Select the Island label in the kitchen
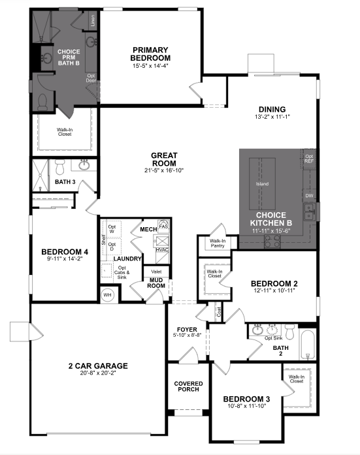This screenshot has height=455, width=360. pyautogui.click(x=262, y=184)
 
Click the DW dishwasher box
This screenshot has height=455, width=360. pyautogui.click(x=308, y=195)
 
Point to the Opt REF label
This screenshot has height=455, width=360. pyautogui.click(x=309, y=159)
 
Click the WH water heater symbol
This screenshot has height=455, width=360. pyautogui.click(x=108, y=295)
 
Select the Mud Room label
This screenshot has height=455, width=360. pyautogui.click(x=156, y=283)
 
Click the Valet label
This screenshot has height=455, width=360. pyautogui.click(x=156, y=271)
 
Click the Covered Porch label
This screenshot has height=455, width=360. pyautogui.click(x=188, y=387)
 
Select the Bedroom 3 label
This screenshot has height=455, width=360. pyautogui.click(x=246, y=400)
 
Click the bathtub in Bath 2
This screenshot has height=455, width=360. pyautogui.click(x=308, y=344)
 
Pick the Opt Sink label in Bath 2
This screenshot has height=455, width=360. pyautogui.click(x=273, y=339)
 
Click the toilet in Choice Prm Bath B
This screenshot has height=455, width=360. pyautogui.click(x=43, y=101)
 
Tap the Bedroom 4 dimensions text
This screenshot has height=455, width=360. pyautogui.click(x=64, y=259)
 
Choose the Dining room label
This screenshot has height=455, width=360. pyautogui.click(x=271, y=109)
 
